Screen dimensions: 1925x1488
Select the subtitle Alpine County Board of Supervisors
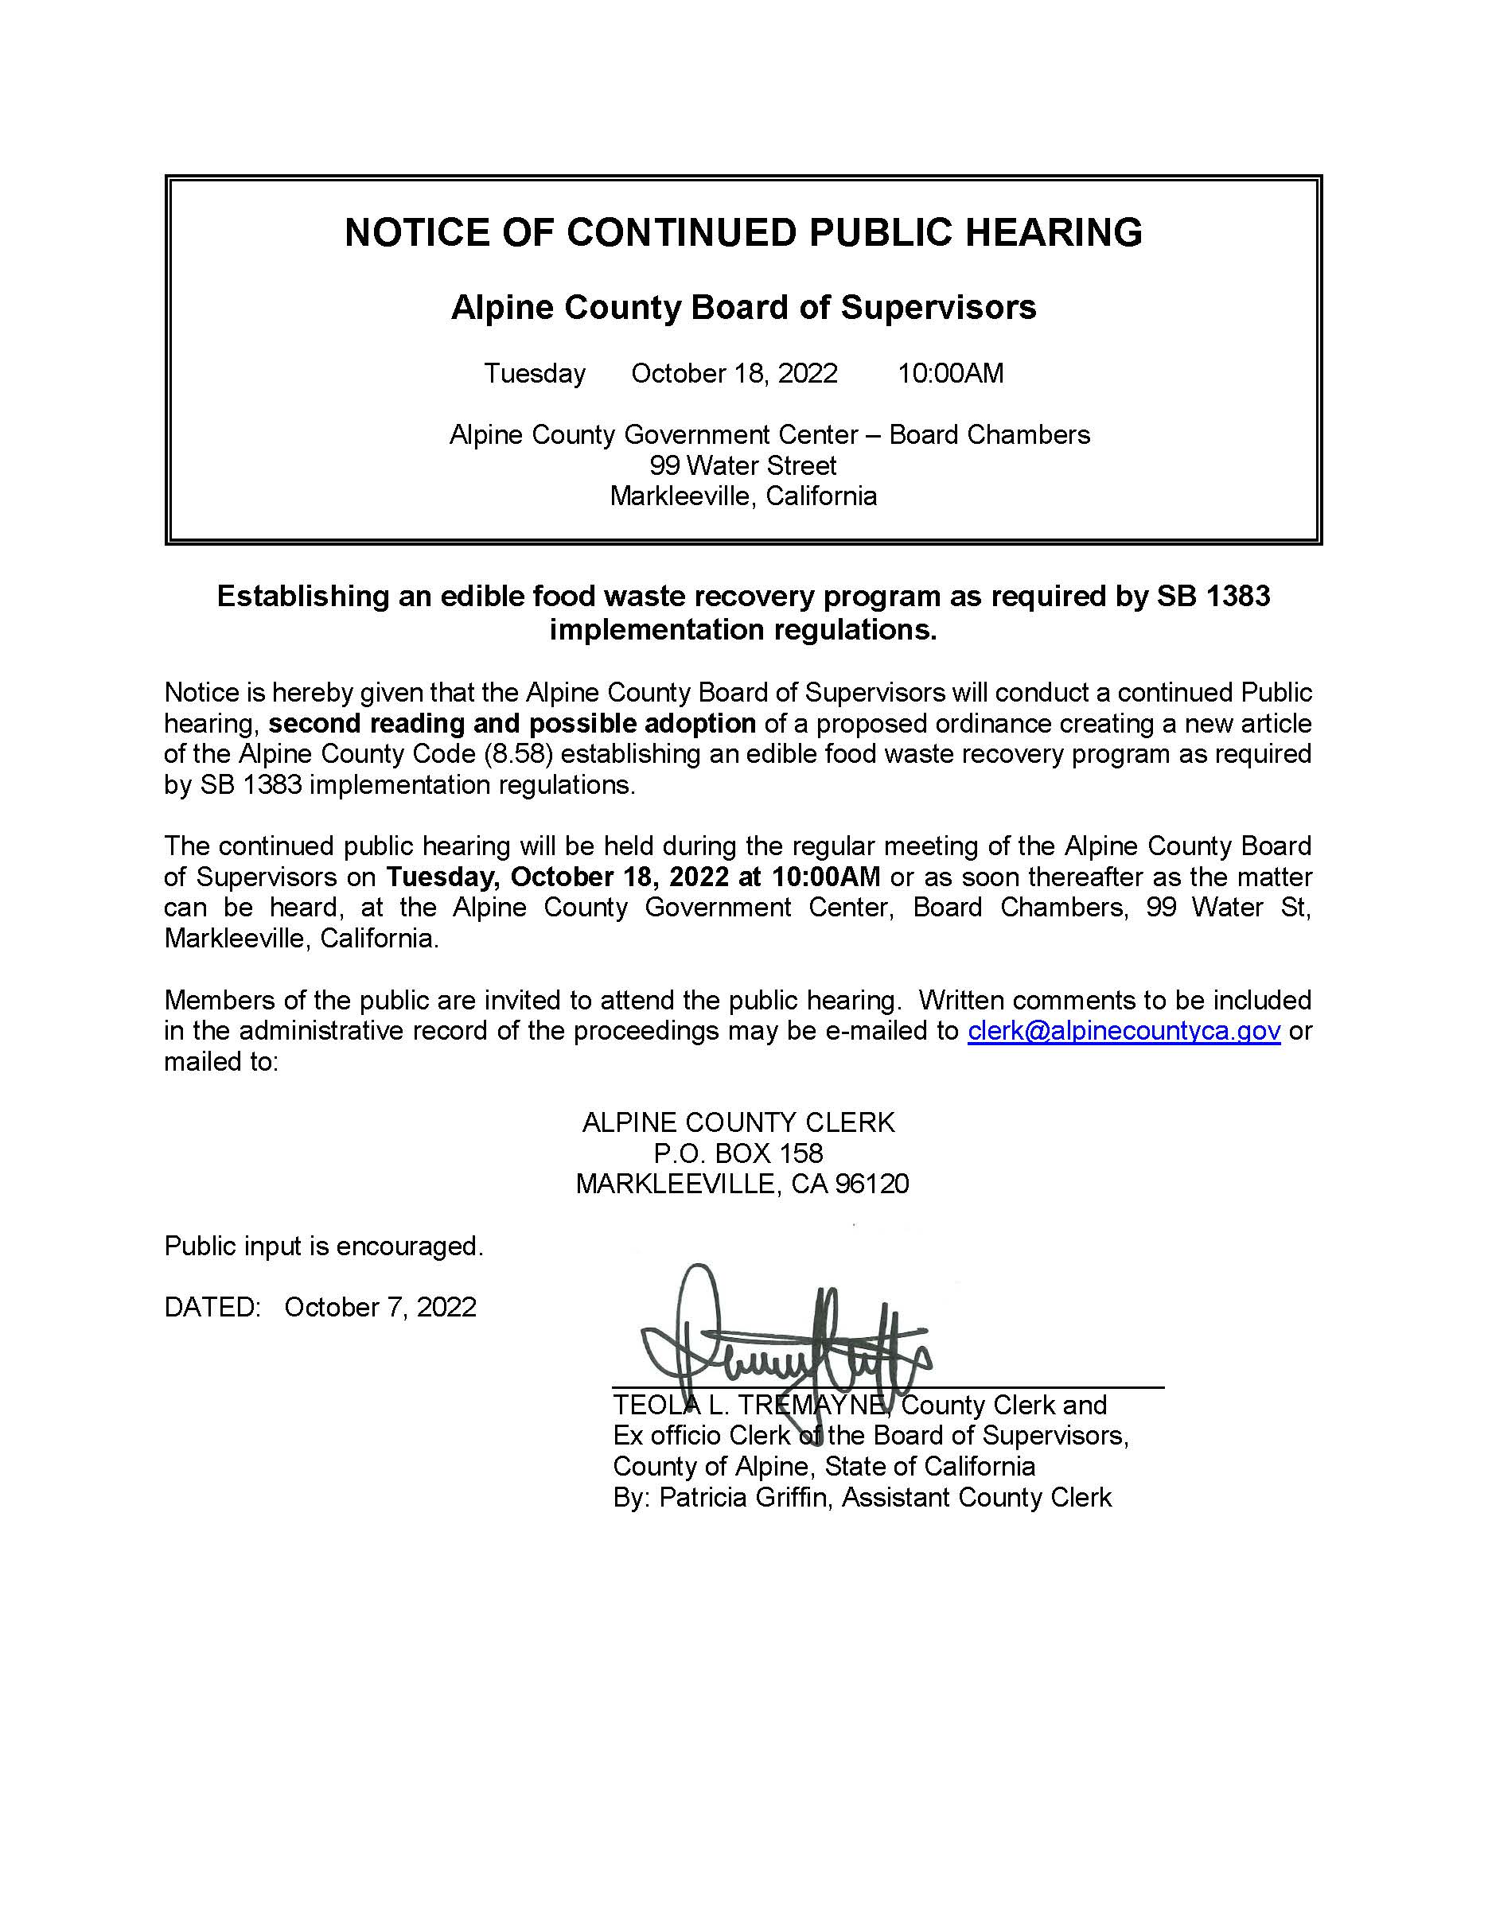click(x=743, y=308)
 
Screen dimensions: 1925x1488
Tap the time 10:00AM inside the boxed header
click(x=949, y=374)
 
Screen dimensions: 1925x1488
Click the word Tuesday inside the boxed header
click(x=534, y=374)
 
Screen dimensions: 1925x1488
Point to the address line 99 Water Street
click(x=743, y=465)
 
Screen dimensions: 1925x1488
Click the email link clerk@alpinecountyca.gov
click(x=1123, y=1030)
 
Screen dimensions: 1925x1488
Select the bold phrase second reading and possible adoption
click(x=512, y=724)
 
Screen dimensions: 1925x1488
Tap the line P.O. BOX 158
click(x=738, y=1153)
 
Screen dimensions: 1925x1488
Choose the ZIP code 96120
click(x=871, y=1184)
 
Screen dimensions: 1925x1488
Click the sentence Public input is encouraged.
click(x=324, y=1246)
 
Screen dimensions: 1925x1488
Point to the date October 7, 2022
click(x=380, y=1307)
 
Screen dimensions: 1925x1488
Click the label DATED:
click(x=212, y=1307)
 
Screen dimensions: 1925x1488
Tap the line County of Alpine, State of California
click(x=824, y=1467)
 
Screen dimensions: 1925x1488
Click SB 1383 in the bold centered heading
click(x=1213, y=597)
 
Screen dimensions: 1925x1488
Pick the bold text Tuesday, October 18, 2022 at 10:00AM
click(x=633, y=877)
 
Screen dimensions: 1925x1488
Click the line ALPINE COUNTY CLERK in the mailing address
click(x=738, y=1122)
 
